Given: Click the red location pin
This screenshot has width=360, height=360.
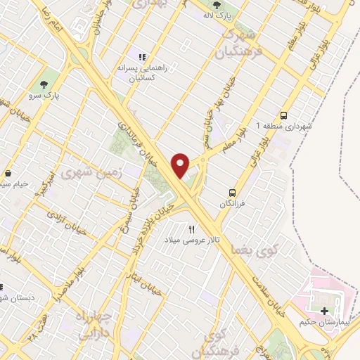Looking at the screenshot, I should [x=181, y=165].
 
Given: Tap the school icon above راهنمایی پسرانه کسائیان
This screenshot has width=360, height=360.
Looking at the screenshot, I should [x=141, y=57].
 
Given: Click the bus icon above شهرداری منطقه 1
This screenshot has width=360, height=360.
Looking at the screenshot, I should [x=283, y=115].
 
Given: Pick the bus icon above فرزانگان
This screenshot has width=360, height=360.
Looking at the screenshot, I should [x=231, y=192].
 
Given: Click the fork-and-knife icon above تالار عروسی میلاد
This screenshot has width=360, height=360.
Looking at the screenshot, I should [x=191, y=230].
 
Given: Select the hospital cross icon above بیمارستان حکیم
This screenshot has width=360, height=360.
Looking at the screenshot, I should [x=324, y=311].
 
